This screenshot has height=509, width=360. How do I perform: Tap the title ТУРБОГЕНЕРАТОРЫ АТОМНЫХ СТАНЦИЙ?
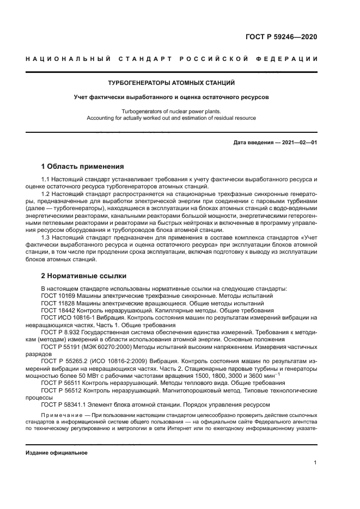pos(171,83)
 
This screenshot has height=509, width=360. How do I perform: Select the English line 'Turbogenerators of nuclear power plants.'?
pos(172,111)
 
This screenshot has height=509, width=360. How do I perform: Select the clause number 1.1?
pos(46,179)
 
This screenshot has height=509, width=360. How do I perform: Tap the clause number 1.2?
pos(46,193)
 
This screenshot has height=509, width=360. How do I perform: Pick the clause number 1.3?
pos(46,238)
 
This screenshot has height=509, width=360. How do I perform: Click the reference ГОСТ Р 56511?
pos(63,383)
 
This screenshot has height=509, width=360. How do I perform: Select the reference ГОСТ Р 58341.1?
pos(66,404)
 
